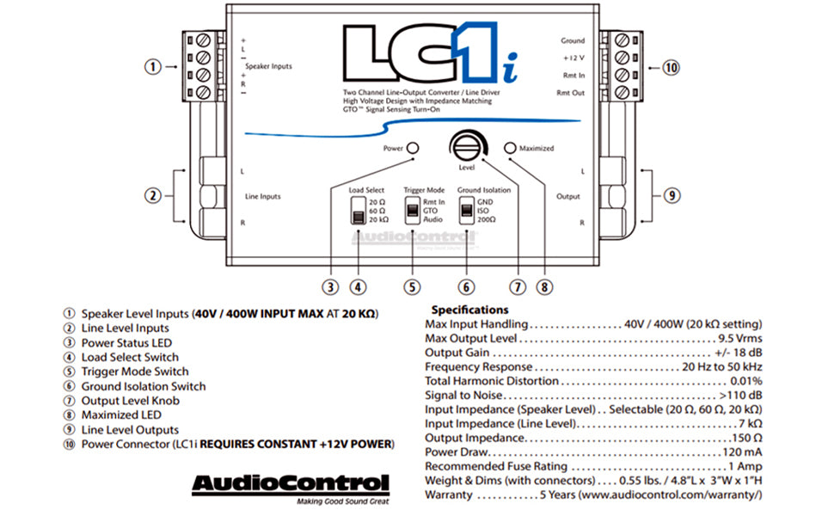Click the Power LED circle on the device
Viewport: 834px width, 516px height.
point(413,148)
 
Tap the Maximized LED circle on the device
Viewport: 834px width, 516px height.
point(511,148)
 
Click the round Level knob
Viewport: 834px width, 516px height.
point(466,145)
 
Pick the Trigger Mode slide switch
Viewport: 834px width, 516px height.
point(413,212)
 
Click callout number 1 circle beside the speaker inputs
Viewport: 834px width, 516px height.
point(152,67)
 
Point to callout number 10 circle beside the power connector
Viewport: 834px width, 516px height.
point(671,67)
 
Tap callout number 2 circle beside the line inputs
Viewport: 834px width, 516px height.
point(152,196)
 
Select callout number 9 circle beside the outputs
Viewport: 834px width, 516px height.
point(671,196)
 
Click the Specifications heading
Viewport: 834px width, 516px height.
point(469,310)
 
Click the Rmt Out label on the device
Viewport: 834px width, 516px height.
point(570,92)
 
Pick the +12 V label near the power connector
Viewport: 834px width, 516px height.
point(573,58)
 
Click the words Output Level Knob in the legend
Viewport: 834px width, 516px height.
point(129,400)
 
